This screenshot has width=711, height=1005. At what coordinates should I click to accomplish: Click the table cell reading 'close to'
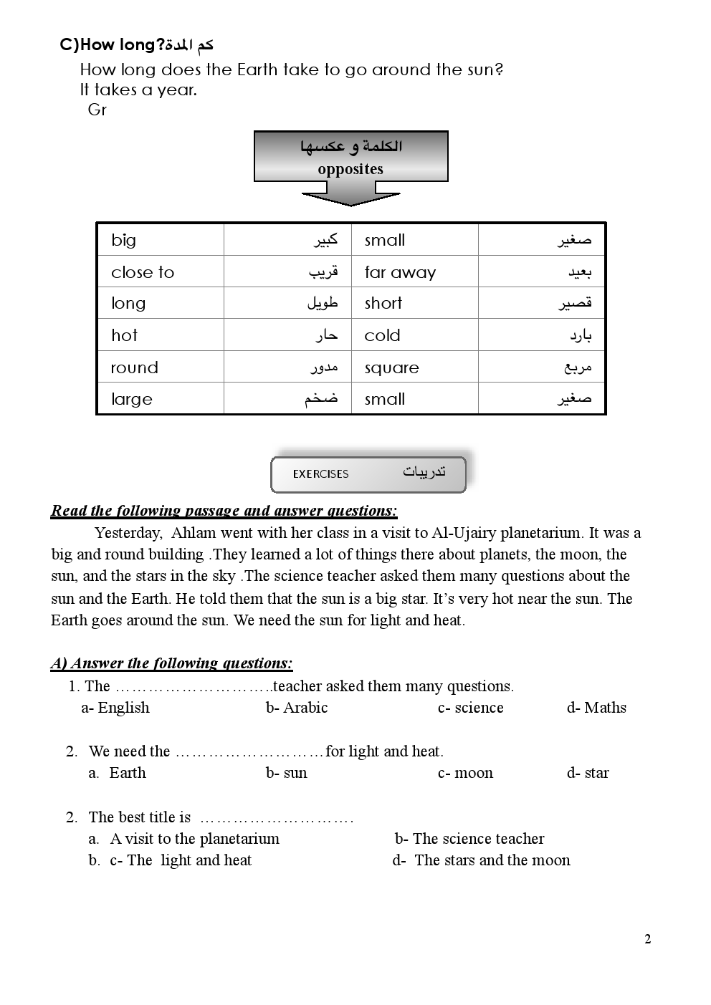point(143,272)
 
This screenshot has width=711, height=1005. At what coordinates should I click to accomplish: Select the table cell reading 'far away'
point(400,272)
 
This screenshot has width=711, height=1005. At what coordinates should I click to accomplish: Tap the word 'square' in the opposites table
point(391,368)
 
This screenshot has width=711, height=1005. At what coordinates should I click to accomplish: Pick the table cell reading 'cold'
point(382,335)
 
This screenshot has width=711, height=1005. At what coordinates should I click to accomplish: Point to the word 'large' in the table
point(132,399)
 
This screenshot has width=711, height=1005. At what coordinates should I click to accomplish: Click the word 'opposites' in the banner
point(350,169)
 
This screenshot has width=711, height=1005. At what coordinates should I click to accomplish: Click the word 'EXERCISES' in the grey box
point(320,474)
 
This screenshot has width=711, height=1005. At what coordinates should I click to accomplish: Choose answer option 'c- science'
point(470,708)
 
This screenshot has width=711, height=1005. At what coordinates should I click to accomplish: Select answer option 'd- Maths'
point(596,708)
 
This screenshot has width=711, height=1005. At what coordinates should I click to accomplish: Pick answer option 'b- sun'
point(286,773)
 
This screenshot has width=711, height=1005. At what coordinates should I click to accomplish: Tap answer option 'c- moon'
point(465,773)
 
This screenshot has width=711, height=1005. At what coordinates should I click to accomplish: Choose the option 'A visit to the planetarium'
point(194,839)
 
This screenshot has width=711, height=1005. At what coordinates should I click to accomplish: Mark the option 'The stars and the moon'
point(492,860)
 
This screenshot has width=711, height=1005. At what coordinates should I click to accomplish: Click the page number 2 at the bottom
point(648,940)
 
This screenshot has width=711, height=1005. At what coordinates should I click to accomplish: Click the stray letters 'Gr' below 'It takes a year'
point(97,110)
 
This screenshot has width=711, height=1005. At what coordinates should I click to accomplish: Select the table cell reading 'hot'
point(124,335)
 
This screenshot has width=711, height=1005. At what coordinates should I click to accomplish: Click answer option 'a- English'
point(115,708)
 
